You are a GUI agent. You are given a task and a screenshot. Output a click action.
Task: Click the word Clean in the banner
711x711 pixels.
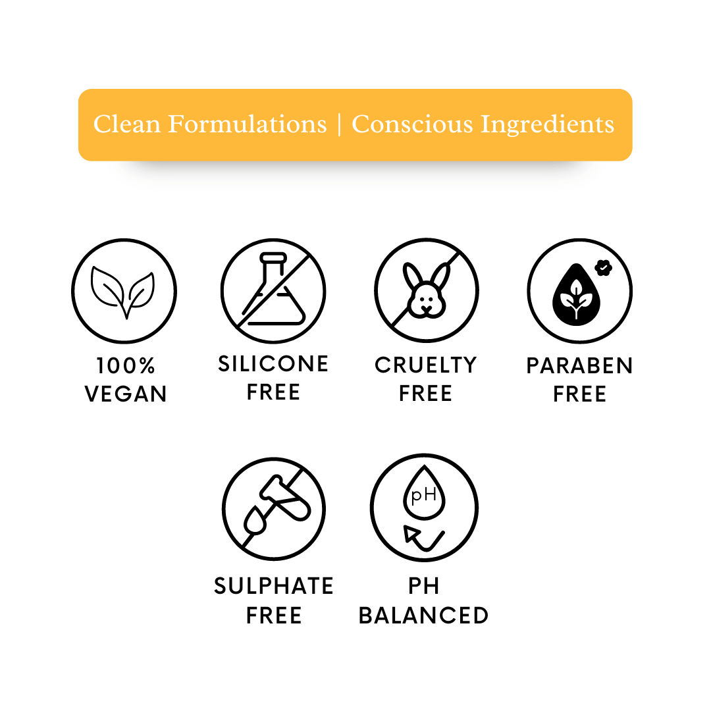point(127,124)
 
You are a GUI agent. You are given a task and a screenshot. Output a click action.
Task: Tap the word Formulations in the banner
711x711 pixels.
point(247,124)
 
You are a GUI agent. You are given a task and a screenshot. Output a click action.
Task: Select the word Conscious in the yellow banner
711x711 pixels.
point(412,124)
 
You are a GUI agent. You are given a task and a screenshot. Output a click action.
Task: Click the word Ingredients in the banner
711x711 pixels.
point(547,124)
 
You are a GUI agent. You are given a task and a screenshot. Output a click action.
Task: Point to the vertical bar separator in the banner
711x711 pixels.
point(339,124)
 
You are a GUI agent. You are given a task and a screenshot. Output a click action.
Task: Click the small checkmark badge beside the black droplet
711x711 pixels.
point(604,267)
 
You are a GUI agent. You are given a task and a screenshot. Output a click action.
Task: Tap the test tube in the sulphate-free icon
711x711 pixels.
point(285,497)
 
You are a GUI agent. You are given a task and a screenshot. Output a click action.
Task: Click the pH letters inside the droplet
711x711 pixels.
point(423,495)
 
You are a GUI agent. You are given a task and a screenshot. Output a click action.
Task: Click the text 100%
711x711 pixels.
point(126,365)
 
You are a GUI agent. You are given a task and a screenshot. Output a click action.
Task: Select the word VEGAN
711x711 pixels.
point(126,394)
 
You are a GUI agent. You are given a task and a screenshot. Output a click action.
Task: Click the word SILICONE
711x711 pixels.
point(273,363)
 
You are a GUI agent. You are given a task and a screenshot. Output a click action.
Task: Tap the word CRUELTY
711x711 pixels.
point(426,365)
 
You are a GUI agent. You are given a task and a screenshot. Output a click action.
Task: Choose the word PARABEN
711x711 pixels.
point(579,366)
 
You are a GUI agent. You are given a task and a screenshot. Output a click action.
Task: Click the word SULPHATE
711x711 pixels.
point(273,586)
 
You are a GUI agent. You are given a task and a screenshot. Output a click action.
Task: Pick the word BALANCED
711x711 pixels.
point(423,616)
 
